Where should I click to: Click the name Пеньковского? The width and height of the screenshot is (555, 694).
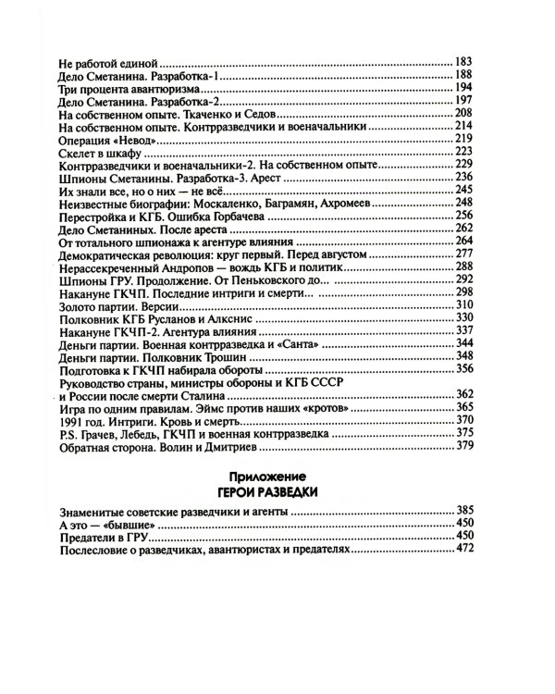click(278, 279)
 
